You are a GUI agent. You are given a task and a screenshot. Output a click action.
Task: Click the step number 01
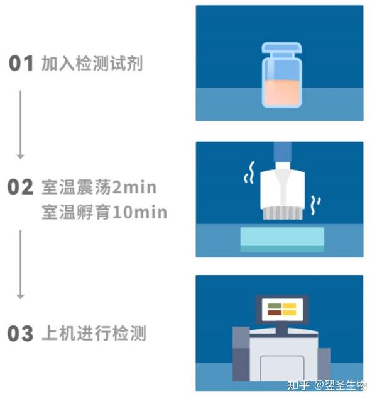point(20,64)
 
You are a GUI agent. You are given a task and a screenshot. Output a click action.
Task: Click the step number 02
point(20,187)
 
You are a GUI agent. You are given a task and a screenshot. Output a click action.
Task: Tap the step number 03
point(20,334)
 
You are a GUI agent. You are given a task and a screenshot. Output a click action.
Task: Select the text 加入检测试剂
point(92,64)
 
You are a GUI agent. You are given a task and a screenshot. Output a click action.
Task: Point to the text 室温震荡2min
point(99,187)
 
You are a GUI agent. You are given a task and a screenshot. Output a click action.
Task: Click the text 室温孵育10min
point(104,212)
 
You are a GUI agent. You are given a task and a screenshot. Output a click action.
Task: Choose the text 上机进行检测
point(93,334)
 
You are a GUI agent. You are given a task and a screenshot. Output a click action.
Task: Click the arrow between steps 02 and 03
point(20,264)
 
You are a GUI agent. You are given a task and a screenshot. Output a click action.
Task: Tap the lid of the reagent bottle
point(281,48)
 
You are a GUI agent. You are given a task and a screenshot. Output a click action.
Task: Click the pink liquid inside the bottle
point(281,93)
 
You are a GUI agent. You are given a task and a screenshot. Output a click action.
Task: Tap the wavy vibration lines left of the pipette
point(249,175)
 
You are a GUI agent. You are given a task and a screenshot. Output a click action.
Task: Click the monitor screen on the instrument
point(281,309)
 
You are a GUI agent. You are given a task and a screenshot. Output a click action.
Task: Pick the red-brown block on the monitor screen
point(274,305)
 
